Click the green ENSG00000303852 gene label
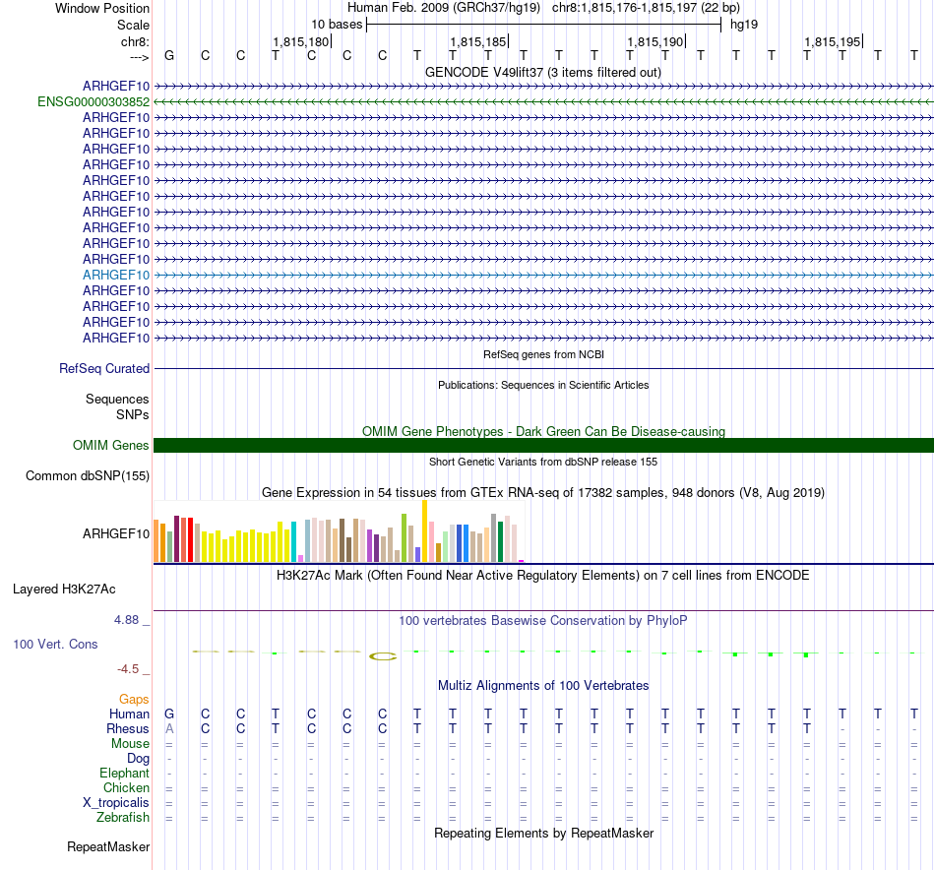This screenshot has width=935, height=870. [93, 101]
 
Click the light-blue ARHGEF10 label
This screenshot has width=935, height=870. [116, 275]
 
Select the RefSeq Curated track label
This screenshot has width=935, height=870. [104, 368]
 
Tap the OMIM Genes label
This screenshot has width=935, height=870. [111, 445]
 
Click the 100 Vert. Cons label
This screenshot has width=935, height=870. [55, 644]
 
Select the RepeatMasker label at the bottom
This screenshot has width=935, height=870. [108, 846]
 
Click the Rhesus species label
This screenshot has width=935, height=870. [128, 729]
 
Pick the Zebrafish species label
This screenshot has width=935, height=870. [123, 817]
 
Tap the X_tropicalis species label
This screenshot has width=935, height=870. [116, 802]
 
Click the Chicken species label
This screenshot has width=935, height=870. [126, 787]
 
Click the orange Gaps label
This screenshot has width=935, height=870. [134, 699]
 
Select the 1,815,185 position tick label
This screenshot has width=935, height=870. [477, 41]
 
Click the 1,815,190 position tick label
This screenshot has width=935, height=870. [654, 41]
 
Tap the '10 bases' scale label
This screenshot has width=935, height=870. [337, 24]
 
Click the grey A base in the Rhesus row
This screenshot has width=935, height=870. [169, 729]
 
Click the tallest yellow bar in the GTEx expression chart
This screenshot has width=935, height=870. [424, 531]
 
